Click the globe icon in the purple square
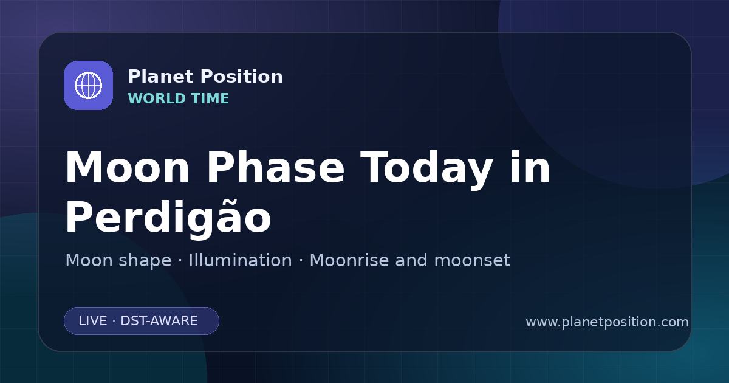tap(88, 85)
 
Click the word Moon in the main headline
tap(127, 168)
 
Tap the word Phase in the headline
tap(276, 167)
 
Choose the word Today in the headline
tap(426, 170)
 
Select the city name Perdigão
tap(168, 218)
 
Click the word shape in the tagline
tap(145, 261)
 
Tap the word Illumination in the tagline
tap(240, 260)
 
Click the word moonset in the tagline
tap(472, 260)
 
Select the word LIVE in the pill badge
tap(93, 321)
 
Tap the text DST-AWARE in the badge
tap(159, 321)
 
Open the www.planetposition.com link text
tap(607, 322)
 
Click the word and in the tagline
tap(411, 260)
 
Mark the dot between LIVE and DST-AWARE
tap(114, 321)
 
